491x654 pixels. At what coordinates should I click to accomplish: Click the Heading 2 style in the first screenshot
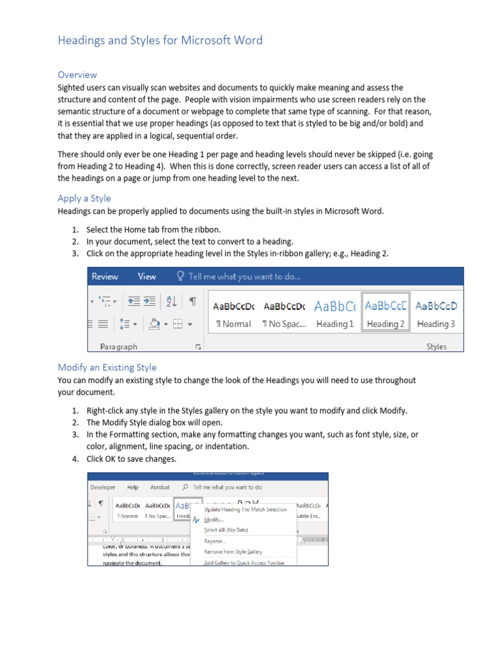pos(386,313)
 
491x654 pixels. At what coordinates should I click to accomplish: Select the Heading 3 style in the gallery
pos(436,313)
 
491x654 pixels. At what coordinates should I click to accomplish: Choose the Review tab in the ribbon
pos(105,277)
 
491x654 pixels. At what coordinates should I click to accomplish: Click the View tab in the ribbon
pos(147,277)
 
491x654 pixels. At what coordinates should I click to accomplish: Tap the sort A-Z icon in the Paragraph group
pos(171,301)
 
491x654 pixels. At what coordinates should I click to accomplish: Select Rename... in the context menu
pos(215,541)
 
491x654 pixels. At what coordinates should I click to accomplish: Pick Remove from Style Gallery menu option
pos(233,552)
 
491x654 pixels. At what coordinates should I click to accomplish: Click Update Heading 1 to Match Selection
pos(245,510)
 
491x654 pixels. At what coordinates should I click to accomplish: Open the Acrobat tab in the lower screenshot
pos(160,487)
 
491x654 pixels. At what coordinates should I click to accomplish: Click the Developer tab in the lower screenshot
pos(103,487)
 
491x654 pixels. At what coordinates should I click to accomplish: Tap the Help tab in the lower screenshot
pos(132,487)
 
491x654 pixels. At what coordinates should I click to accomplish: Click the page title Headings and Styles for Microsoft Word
pos(160,40)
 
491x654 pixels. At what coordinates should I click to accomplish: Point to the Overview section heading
pos(77,75)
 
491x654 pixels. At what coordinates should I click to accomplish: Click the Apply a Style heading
pos(84,198)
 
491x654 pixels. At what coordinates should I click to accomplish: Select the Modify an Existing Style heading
pos(107,367)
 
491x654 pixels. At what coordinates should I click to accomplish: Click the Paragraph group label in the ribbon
pos(119,347)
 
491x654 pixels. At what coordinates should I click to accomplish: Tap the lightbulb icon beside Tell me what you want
pos(181,277)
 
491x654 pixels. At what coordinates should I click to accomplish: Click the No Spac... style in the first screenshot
pos(284,313)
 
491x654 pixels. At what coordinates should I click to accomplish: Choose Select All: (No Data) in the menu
pos(226,530)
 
